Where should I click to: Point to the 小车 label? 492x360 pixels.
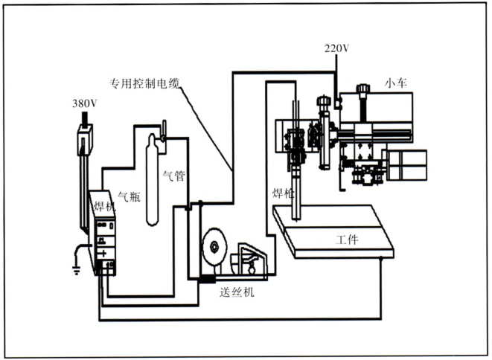(x=394, y=82)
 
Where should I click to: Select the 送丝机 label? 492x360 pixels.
(x=237, y=292)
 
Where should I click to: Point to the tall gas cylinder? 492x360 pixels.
(x=153, y=182)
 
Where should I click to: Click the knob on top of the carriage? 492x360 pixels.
(x=363, y=91)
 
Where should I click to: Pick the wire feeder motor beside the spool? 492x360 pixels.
(x=250, y=259)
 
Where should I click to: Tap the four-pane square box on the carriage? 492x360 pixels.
(x=407, y=164)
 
